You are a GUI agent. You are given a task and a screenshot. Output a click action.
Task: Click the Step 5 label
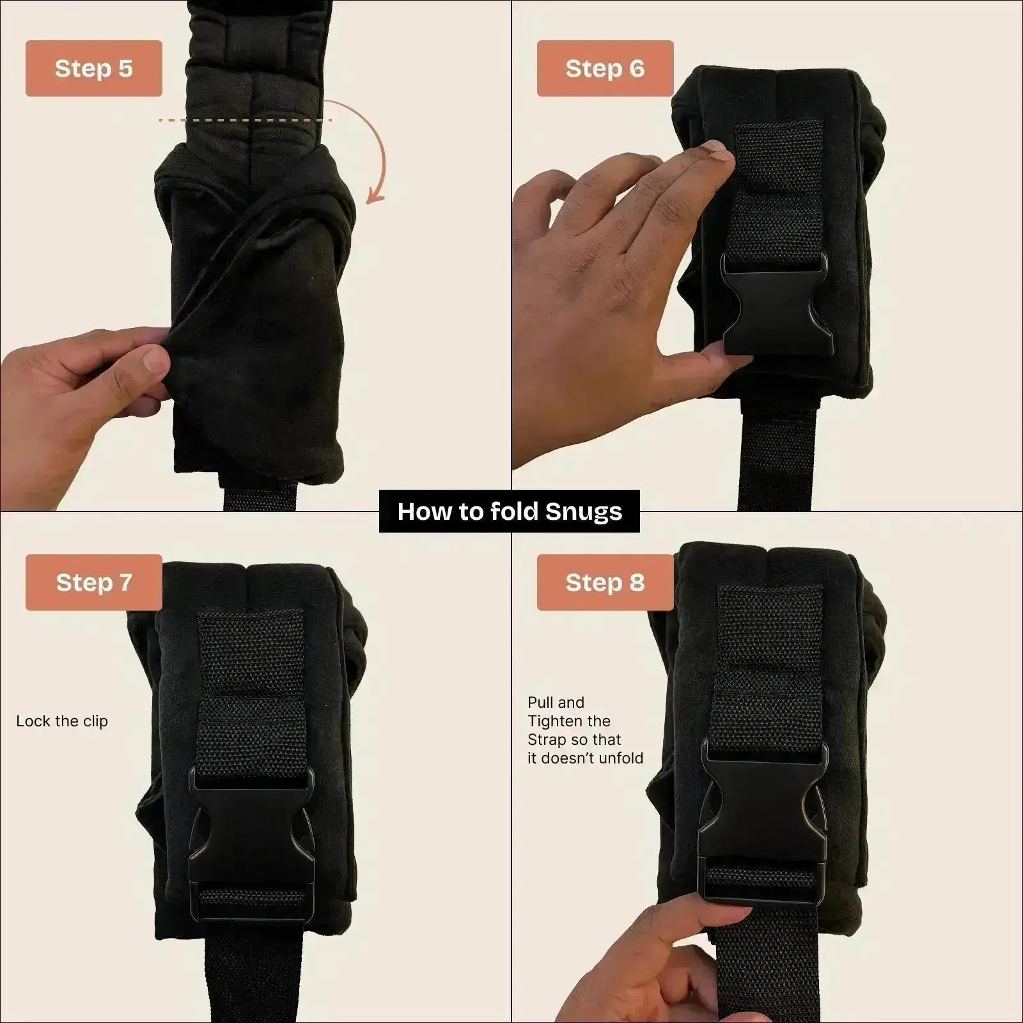point(93,68)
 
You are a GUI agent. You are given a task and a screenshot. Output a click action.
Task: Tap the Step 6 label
point(605,68)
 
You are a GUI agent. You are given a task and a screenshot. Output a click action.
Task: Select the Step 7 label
point(93,582)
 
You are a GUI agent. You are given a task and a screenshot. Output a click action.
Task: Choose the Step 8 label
point(605,582)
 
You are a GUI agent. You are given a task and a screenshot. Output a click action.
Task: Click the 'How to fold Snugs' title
point(510,511)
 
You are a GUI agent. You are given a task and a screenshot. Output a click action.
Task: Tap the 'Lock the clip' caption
point(62,721)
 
